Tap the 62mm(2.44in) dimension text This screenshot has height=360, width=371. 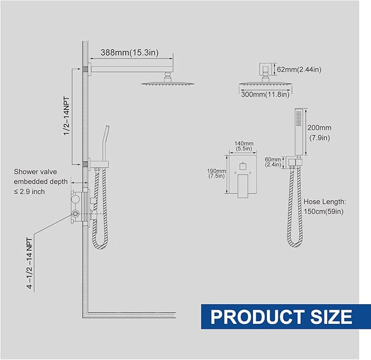click(299, 69)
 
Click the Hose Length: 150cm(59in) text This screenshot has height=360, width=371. click(325, 206)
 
